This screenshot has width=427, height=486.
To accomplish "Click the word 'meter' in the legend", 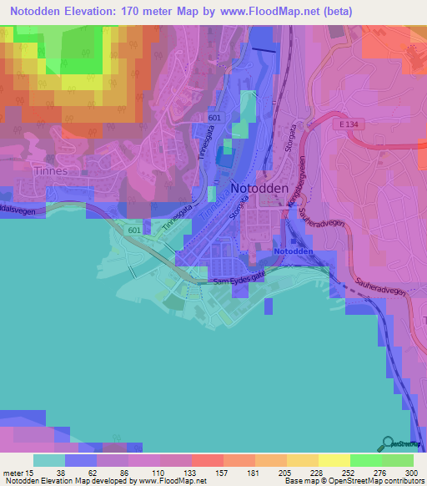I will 15,472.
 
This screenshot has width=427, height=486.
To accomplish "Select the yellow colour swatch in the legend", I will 334,460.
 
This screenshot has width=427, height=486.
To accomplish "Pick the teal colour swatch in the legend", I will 49,460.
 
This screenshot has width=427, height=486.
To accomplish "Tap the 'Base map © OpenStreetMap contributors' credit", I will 354,481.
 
